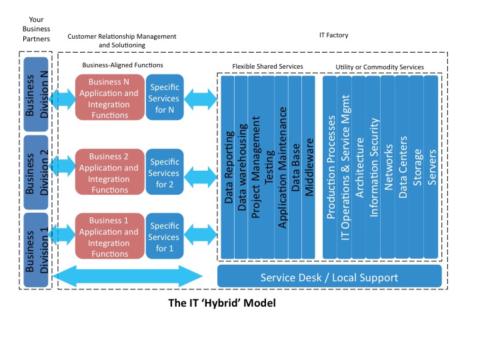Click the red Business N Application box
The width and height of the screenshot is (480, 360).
pos(109,98)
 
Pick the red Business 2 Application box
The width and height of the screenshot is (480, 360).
pos(109,172)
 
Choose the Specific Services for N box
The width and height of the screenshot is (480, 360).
pos(164,98)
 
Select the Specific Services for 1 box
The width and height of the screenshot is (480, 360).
pos(164,237)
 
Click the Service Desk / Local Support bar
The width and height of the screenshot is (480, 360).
pos(329,277)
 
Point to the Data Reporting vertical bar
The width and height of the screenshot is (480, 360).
pos(229,167)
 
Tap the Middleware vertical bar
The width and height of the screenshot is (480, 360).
pos(309,167)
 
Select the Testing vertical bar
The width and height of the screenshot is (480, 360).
pos(269,167)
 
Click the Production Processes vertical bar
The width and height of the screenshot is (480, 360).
pos(331,167)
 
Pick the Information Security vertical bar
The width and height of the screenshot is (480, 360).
pos(374,167)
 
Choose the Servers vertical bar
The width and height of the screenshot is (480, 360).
pos(431,167)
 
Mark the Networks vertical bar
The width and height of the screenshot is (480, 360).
pos(389,167)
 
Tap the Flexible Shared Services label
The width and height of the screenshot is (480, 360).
pos(267,67)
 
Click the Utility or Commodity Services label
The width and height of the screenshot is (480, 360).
pos(379,67)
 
